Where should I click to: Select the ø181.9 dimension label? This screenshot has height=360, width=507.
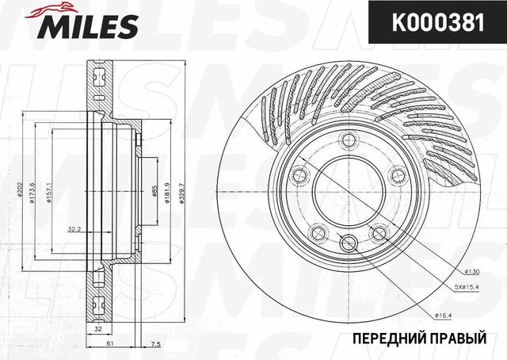coord(166,190)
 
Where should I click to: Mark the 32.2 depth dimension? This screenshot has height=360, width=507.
coord(74,230)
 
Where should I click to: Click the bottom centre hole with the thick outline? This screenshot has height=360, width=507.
coord(347,242)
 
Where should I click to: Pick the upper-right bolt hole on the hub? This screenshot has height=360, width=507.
coord(394,175)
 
